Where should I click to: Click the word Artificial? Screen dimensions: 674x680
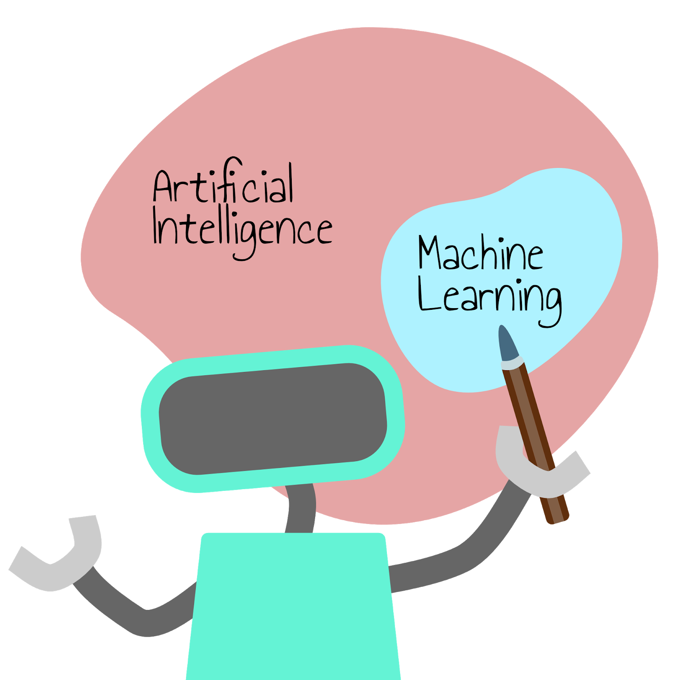pos(223,185)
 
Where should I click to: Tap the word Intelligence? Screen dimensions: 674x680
pos(242,229)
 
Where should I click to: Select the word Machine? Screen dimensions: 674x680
pos(480,254)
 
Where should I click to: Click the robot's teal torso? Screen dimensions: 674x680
pos(293,608)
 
